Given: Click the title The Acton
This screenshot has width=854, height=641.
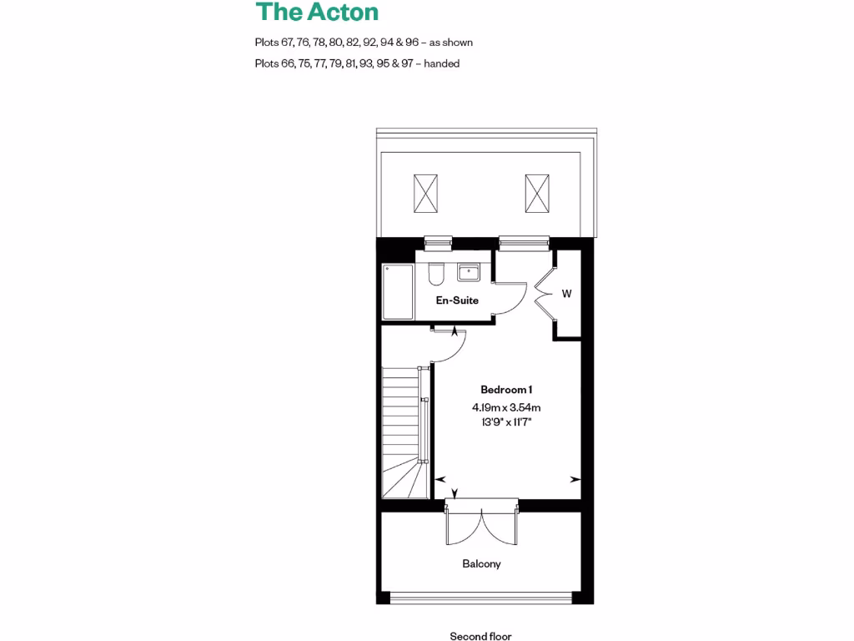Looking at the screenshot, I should point(317,13).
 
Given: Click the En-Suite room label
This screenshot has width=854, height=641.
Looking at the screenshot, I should point(457,300).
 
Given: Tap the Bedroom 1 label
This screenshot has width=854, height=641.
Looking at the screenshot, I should point(506,390).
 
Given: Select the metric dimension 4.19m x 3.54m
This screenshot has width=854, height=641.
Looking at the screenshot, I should point(506,407).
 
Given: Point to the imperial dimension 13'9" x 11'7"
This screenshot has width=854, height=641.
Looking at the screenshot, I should point(506,422).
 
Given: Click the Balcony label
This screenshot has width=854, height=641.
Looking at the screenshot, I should point(481,564).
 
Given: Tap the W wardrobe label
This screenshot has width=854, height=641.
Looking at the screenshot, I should point(566,294).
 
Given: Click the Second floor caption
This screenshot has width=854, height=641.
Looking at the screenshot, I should point(480,636).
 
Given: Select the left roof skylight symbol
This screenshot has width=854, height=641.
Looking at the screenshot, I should point(425,194).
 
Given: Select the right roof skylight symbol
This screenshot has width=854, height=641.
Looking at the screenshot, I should point(538,194).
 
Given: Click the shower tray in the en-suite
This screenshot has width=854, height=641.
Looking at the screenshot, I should point(398,292).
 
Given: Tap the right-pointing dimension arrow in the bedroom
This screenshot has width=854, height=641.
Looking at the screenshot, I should point(575,480).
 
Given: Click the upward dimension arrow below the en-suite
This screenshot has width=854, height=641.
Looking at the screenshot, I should point(455,332).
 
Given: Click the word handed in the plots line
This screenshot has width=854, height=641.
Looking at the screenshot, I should point(441,63).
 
